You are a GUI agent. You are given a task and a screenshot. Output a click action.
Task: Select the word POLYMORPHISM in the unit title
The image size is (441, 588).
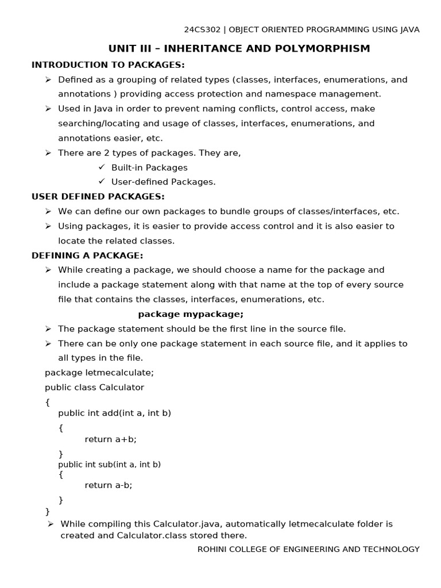pos(324,48)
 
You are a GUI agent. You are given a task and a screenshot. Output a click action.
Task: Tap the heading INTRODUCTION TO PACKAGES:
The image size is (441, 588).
pos(108,64)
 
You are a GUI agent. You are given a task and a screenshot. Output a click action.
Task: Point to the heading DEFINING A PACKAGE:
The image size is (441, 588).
pos(87,255)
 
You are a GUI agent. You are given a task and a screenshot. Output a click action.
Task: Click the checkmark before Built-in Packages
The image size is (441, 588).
pos(102,167)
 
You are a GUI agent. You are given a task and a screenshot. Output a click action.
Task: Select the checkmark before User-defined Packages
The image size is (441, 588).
pos(102,181)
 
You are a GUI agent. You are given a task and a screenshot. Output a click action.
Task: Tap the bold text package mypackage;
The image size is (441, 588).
pos(191,314)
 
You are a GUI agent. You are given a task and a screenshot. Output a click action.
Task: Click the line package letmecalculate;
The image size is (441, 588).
pos(99,372)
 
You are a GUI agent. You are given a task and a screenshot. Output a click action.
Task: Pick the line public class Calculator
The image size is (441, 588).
pos(95,387)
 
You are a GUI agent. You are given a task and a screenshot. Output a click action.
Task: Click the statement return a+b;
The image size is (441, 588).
pos(111,439)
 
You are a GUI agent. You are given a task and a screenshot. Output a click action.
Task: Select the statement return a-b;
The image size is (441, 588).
pos(109,485)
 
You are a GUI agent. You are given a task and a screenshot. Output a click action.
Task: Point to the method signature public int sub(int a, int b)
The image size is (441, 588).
pos(110,464)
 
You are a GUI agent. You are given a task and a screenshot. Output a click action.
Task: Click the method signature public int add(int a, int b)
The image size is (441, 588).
pos(115,413)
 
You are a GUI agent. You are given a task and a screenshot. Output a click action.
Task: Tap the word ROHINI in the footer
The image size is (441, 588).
pos(213,549)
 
